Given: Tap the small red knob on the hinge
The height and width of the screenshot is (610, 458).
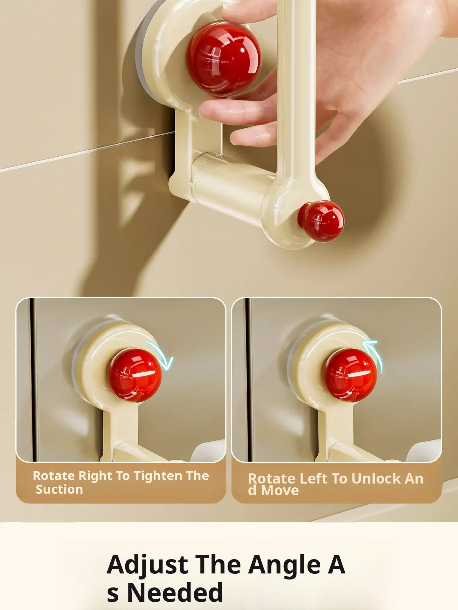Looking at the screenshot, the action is click(x=321, y=221).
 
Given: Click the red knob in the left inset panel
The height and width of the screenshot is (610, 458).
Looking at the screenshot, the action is click(x=134, y=375).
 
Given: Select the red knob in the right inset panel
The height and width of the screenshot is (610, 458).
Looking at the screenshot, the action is click(x=350, y=375).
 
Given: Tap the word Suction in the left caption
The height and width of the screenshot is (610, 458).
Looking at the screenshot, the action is click(x=59, y=490).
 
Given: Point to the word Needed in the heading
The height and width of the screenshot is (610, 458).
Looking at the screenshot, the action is click(x=175, y=593).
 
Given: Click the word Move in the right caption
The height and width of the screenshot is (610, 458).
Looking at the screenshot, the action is click(x=280, y=491).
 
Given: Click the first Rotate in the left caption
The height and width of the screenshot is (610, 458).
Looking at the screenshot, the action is click(x=53, y=476).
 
